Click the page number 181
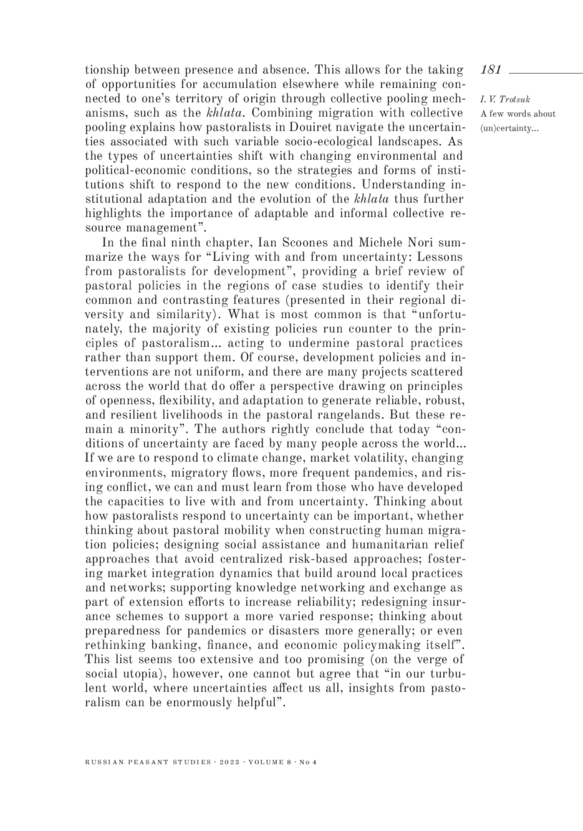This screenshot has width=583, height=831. (491, 70)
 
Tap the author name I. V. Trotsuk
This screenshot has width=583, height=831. (505, 100)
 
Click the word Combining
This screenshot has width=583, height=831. (283, 113)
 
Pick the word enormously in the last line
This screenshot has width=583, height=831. (201, 703)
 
